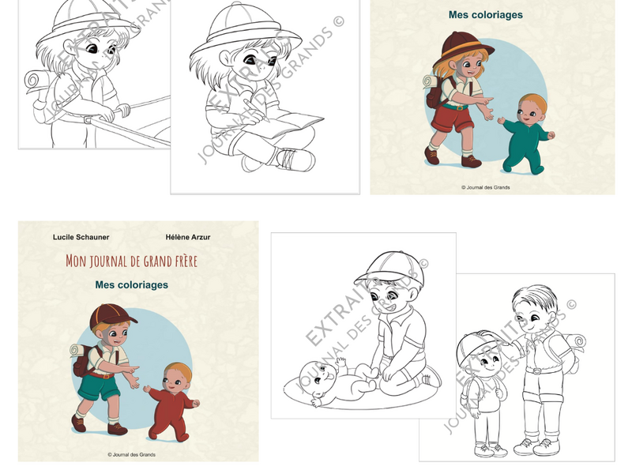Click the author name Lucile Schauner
[81, 237]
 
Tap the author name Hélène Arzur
[188, 237]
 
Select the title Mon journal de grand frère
[131, 261]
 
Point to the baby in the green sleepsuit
[527, 134]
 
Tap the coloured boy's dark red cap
[111, 315]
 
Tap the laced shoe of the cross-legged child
[294, 159]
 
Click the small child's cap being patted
[478, 348]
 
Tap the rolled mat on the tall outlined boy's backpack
[575, 342]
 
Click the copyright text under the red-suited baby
[131, 455]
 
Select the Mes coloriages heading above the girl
[486, 15]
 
